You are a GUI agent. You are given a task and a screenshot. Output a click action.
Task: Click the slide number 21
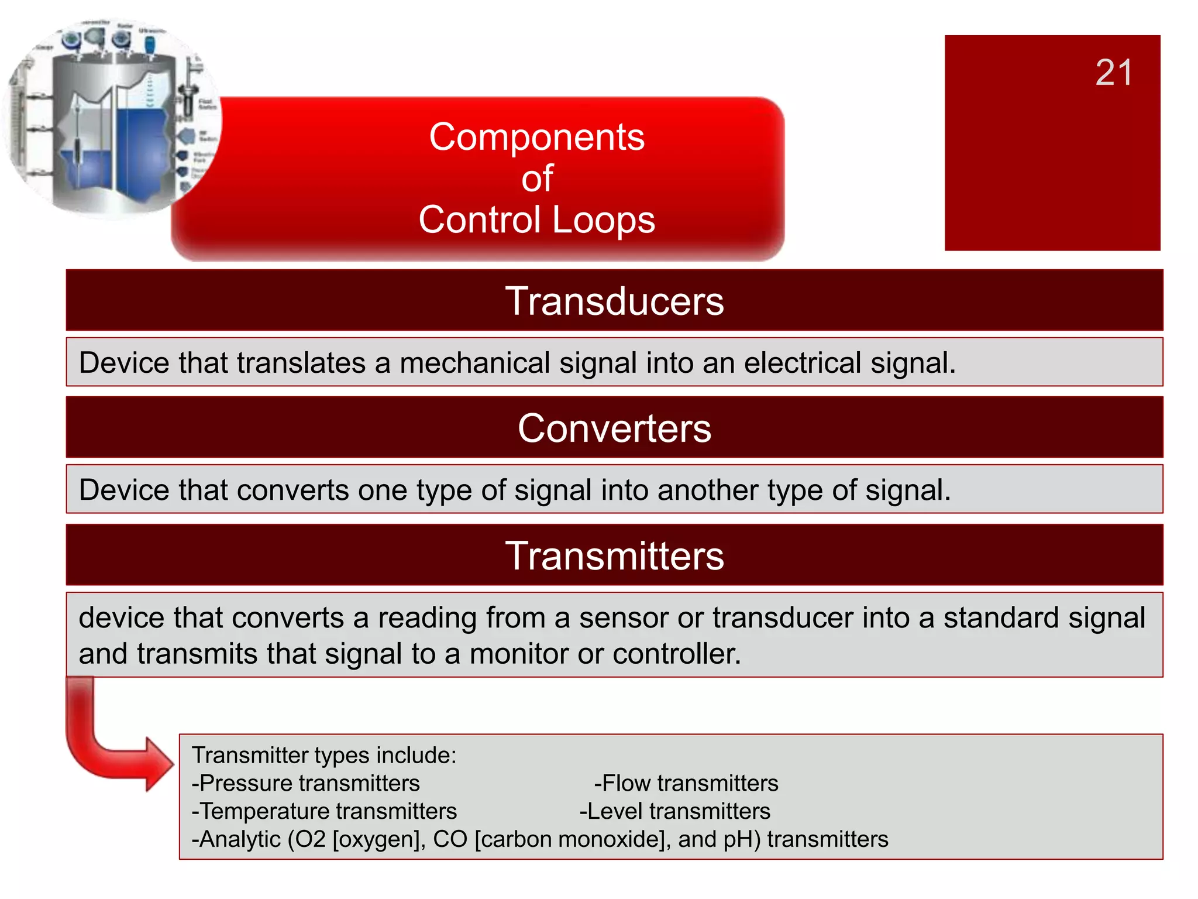tap(1113, 73)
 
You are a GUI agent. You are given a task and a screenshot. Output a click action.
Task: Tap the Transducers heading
tap(614, 301)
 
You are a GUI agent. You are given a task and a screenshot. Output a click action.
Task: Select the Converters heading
tap(614, 428)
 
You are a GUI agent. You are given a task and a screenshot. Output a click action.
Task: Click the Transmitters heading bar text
tap(614, 555)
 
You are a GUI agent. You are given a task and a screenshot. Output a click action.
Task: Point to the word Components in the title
tap(536, 138)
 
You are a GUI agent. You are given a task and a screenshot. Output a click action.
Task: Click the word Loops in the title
tap(603, 220)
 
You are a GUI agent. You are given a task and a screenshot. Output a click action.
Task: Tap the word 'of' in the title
tap(537, 179)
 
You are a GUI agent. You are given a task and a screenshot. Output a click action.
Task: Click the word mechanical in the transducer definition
tap(474, 363)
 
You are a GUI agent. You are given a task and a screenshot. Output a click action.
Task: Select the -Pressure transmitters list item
tap(306, 783)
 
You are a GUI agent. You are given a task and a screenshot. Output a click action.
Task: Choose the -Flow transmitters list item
tap(686, 783)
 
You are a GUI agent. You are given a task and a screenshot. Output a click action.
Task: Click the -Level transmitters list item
tap(675, 811)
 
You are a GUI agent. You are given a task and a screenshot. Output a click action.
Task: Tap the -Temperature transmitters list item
tap(325, 811)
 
